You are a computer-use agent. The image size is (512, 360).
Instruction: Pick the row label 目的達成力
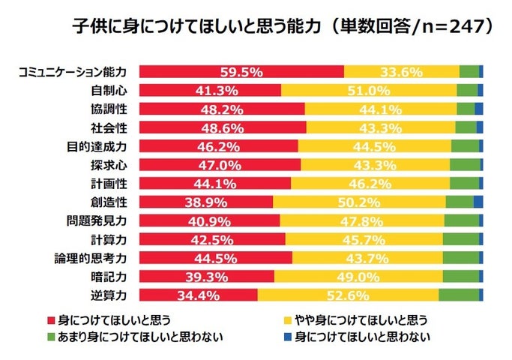click(x=100, y=145)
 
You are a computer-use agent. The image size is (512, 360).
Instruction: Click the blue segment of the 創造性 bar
click(x=478, y=201)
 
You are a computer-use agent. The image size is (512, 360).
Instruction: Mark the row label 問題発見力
click(x=100, y=220)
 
